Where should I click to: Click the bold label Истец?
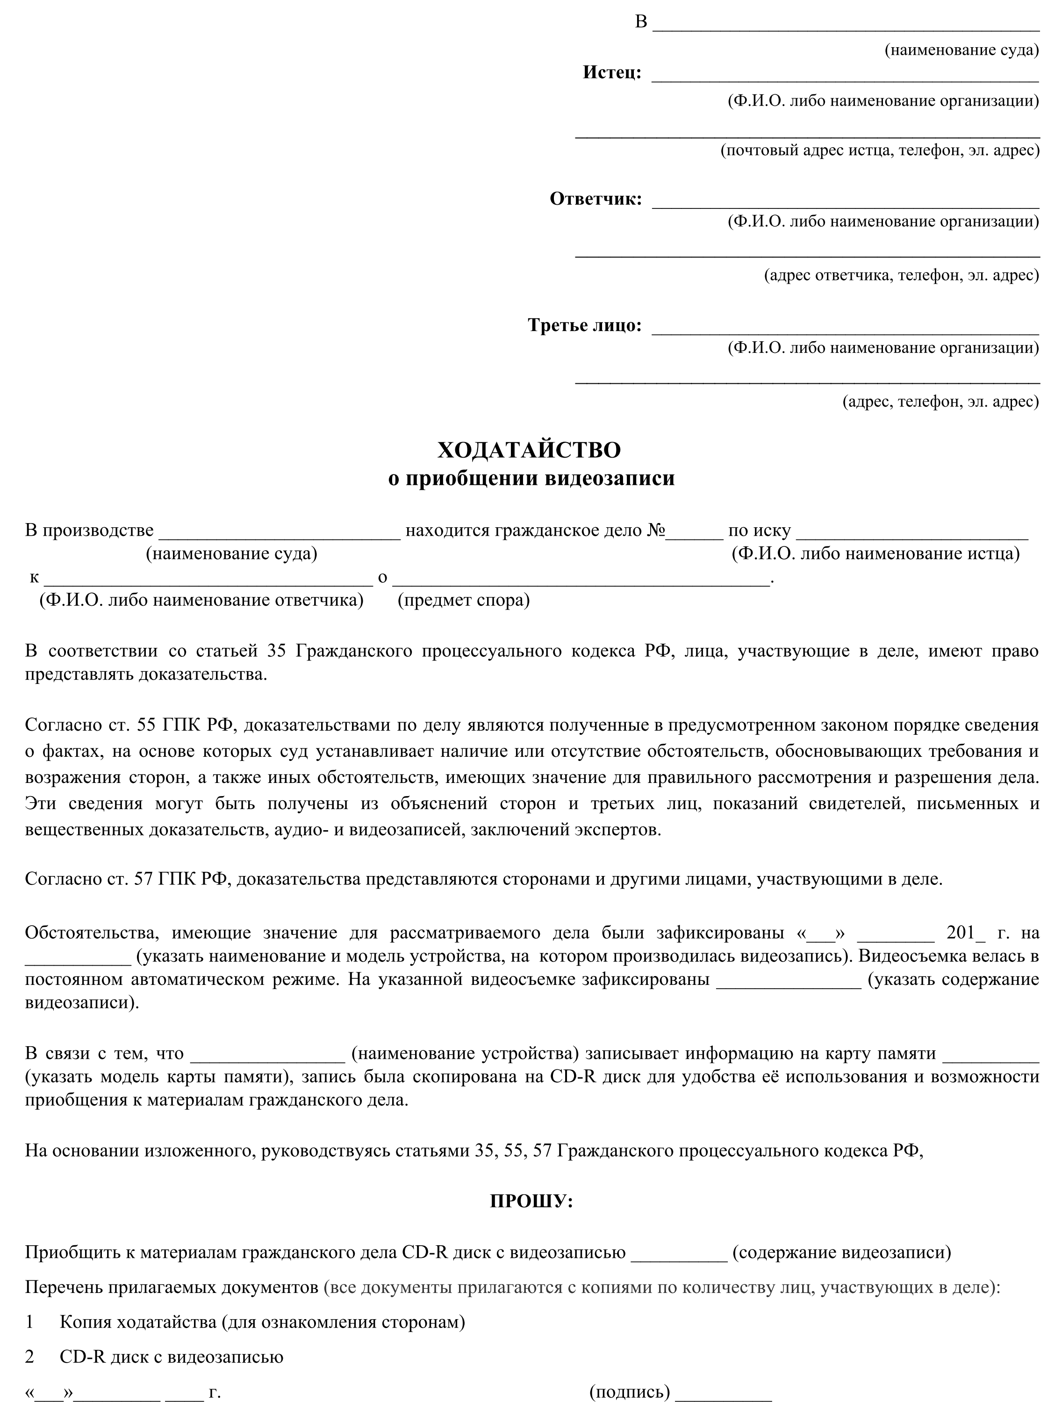tap(611, 72)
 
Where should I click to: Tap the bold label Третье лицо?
tap(584, 325)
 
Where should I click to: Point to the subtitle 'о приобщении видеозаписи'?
tap(531, 478)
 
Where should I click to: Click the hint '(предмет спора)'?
tap(464, 600)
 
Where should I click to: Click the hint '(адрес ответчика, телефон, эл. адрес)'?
tap(902, 275)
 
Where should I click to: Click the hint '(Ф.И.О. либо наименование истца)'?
tap(875, 553)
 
